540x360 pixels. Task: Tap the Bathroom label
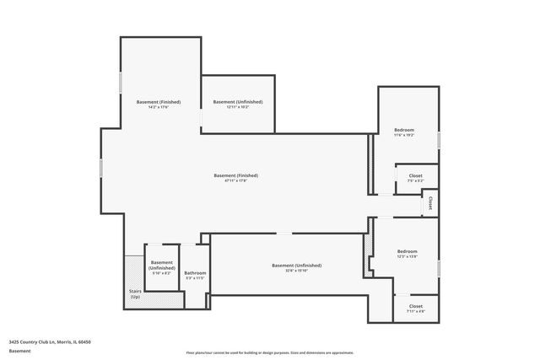click(195, 272)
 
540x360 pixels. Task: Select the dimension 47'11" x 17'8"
click(235, 180)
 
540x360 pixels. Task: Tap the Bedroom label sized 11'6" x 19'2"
click(404, 130)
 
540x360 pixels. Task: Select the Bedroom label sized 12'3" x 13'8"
click(408, 251)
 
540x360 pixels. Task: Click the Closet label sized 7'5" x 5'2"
click(415, 175)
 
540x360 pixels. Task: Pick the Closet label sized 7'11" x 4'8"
click(416, 306)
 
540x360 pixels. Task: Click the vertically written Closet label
click(430, 203)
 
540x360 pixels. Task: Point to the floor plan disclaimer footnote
click(269, 352)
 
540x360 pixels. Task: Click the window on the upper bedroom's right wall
click(439, 138)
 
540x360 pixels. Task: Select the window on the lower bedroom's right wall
click(439, 268)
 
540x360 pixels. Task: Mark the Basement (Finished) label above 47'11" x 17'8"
click(235, 175)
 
